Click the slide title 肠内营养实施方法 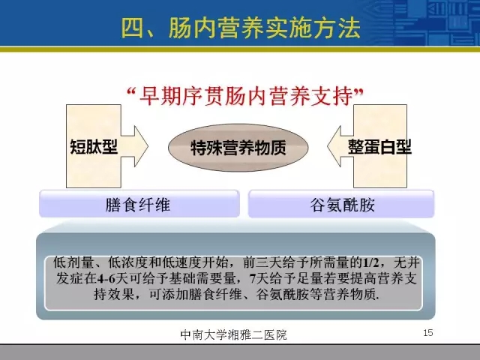click(265, 28)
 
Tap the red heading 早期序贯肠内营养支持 click(246, 96)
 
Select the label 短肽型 click(94, 147)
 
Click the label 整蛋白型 click(379, 147)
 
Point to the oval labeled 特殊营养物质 click(238, 148)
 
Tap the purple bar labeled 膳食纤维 click(139, 204)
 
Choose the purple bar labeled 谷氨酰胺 click(341, 204)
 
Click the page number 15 click(428, 333)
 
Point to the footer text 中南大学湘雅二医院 click(233, 334)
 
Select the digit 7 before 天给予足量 click(253, 278)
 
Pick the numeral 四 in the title click(133, 28)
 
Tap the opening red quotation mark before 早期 click(132, 92)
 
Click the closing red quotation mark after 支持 click(358, 92)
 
